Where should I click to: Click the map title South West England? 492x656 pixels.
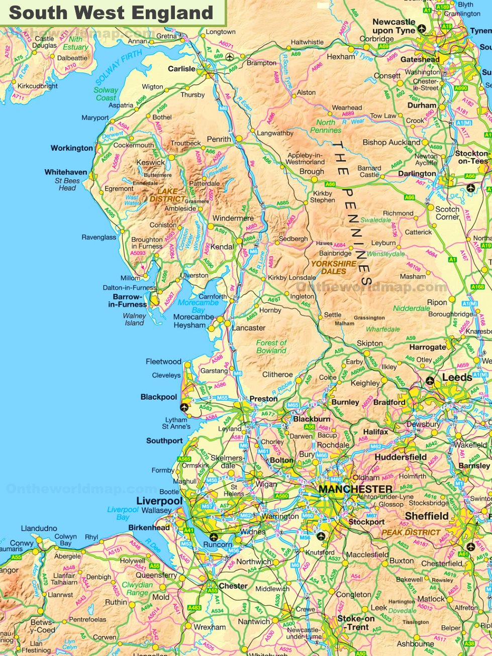point(111,13)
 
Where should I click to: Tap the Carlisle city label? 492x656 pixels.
point(181,69)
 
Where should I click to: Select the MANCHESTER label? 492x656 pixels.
point(355,489)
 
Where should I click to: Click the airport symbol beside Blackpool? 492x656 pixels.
point(184,407)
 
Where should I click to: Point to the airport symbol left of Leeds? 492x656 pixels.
point(430,380)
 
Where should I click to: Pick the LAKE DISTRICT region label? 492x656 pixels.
point(167,195)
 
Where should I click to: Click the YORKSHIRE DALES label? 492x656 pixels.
point(334,267)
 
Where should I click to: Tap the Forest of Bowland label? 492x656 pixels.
point(271,347)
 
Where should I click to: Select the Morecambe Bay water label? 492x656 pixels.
point(198,306)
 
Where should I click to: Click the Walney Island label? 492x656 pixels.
point(134,319)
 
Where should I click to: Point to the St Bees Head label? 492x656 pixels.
point(67,184)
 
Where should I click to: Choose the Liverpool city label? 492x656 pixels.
point(159,501)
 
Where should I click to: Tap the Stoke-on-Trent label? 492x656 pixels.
point(356,623)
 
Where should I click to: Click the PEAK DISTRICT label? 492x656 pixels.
point(411,532)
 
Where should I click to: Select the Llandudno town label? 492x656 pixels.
point(39,528)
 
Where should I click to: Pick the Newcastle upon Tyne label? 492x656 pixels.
point(394,26)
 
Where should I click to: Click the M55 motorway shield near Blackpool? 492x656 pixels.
point(222,398)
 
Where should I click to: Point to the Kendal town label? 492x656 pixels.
point(222,247)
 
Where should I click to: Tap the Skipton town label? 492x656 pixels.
point(369,343)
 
